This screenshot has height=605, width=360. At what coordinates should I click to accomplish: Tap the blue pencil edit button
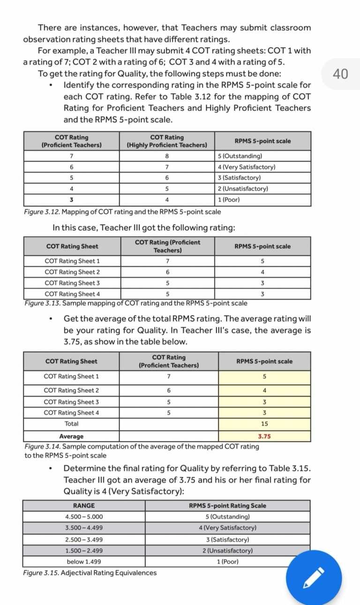coord(314,578)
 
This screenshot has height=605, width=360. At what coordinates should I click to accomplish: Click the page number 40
coord(340,74)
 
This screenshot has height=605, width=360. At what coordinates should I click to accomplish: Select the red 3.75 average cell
coord(264,436)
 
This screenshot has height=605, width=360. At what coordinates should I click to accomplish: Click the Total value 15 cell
coord(264,424)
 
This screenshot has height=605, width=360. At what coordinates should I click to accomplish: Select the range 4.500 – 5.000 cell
coord(84,516)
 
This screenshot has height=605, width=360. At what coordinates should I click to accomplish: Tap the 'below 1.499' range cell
coord(84,561)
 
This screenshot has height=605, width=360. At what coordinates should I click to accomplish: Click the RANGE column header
coord(84,506)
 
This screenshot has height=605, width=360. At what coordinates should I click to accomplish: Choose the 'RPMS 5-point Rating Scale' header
coord(227,506)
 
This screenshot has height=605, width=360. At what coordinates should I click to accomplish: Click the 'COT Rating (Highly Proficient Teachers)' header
coord(167,141)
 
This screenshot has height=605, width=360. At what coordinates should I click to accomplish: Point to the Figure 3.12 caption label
coord(42,212)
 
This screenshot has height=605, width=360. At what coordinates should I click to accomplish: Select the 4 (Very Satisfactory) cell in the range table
coord(227,528)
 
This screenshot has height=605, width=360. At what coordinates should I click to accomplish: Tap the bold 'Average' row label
coord(71,436)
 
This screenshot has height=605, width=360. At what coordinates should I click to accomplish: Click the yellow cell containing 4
coord(264,390)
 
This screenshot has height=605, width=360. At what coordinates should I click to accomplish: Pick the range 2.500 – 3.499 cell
coord(84,539)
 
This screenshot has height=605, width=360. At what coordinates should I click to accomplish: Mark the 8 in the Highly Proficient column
coord(167,156)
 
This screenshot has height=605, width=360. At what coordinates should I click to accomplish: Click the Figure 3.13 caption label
coord(43,303)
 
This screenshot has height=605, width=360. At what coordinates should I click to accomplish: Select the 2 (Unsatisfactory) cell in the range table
coord(227,551)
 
